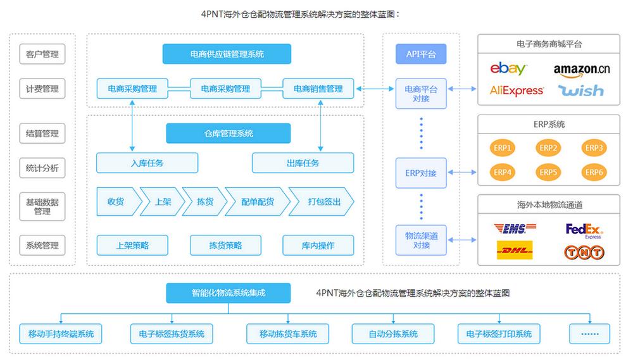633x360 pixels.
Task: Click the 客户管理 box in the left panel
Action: [x=42, y=54]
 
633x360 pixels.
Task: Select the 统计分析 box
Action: [x=42, y=168]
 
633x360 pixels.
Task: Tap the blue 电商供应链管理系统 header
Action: [x=227, y=54]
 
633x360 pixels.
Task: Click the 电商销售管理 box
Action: [x=318, y=89]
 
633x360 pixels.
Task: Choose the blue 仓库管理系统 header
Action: [x=228, y=133]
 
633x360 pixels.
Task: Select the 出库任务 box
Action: [x=303, y=163]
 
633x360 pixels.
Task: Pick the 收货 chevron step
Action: [x=116, y=202]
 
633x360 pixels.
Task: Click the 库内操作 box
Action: [x=318, y=245]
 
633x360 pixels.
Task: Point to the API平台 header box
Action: [x=421, y=54]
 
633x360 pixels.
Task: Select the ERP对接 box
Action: [x=421, y=173]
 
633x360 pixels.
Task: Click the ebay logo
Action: [x=508, y=69]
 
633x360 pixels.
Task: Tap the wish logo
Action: [x=581, y=91]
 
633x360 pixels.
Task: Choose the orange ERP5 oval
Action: [x=548, y=171]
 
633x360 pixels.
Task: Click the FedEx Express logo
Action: [x=584, y=230]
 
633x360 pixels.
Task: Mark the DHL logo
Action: [x=515, y=251]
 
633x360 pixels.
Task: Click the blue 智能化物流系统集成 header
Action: [x=228, y=293]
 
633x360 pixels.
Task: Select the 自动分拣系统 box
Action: [x=393, y=333]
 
